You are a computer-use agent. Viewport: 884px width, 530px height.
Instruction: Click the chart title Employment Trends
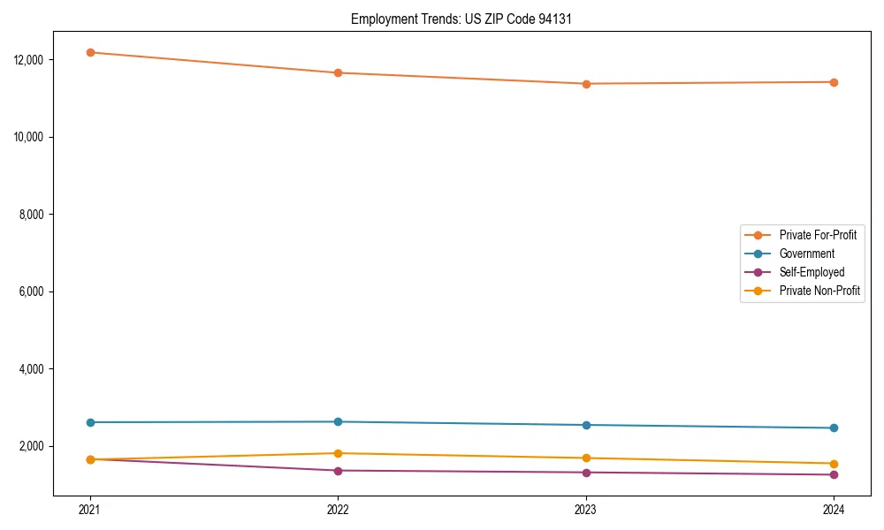(x=461, y=19)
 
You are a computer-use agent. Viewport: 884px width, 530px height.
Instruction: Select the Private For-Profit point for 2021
(x=90, y=52)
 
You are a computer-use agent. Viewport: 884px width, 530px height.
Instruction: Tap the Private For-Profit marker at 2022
(x=338, y=72)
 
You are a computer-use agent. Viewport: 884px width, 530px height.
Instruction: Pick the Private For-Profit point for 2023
(x=586, y=84)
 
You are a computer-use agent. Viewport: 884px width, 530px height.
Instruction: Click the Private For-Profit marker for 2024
(x=834, y=82)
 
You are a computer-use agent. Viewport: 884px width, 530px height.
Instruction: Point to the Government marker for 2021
(x=90, y=422)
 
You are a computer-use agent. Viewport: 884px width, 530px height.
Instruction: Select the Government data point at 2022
(x=338, y=421)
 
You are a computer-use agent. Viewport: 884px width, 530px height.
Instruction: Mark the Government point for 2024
(x=834, y=428)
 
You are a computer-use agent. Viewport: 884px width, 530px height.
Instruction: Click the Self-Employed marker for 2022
(x=338, y=471)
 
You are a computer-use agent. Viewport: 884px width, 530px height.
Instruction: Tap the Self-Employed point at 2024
(x=834, y=474)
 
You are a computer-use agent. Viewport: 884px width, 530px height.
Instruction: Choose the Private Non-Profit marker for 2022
(x=338, y=453)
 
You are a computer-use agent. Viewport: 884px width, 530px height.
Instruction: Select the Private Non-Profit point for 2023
(x=586, y=458)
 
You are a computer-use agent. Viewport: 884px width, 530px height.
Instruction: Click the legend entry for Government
(x=806, y=254)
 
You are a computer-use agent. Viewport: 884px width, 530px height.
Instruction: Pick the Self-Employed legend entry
(x=812, y=272)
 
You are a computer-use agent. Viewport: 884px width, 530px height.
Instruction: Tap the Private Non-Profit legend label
(x=819, y=291)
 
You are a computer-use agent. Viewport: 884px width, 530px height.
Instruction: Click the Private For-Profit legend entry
(x=818, y=235)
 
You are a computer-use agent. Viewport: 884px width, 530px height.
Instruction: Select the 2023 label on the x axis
(x=586, y=509)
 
